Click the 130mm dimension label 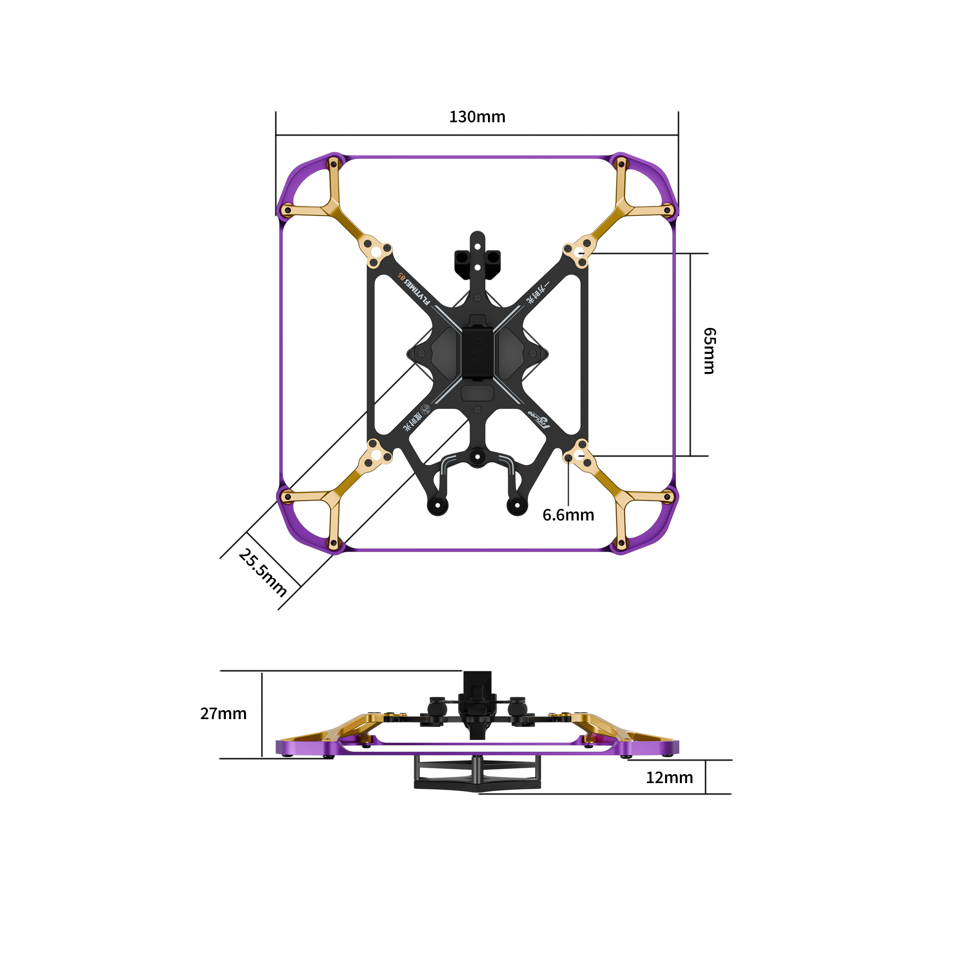(477, 117)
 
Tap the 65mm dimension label (710, 351)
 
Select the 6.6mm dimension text (568, 515)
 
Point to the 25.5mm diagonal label (263, 573)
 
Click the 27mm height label (223, 714)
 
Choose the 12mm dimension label (669, 777)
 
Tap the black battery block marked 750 (477, 352)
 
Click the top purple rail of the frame (477, 157)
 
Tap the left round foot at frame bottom (437, 505)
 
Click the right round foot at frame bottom (518, 505)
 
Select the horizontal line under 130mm (477, 135)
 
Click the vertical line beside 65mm (690, 354)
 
